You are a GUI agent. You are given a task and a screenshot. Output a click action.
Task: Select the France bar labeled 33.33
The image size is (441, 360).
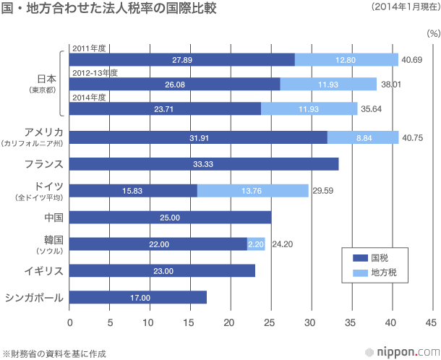(x=204, y=164)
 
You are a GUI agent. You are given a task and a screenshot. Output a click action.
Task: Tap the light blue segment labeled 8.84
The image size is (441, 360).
(x=363, y=137)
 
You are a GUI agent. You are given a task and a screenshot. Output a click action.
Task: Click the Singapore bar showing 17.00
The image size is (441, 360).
(x=138, y=297)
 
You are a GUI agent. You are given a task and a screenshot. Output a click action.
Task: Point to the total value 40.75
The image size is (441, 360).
(x=413, y=137)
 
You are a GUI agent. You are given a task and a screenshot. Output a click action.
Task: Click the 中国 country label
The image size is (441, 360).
(x=53, y=218)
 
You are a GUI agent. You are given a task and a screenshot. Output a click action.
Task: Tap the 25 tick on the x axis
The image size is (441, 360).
(x=270, y=322)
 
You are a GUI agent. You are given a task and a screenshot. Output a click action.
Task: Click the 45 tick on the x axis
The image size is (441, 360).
(x=432, y=322)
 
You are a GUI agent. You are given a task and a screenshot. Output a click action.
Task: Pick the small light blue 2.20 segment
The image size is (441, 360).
(x=256, y=244)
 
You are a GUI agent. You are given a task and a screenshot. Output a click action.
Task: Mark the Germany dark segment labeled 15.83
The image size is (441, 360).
(x=133, y=191)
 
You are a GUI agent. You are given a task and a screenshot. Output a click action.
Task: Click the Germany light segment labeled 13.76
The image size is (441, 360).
(x=253, y=191)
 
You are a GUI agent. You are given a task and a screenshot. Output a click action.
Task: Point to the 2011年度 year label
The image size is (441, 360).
(x=90, y=48)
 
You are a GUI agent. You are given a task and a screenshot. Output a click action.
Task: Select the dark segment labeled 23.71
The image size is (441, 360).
(x=165, y=108)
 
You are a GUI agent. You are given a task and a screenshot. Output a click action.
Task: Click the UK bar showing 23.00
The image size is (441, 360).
(x=162, y=270)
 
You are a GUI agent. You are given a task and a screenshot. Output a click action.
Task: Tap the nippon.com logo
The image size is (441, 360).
(x=401, y=352)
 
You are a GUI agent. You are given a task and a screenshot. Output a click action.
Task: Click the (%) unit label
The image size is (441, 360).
(x=433, y=33)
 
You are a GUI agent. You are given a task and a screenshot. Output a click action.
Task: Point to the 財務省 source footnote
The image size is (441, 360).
(x=54, y=353)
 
